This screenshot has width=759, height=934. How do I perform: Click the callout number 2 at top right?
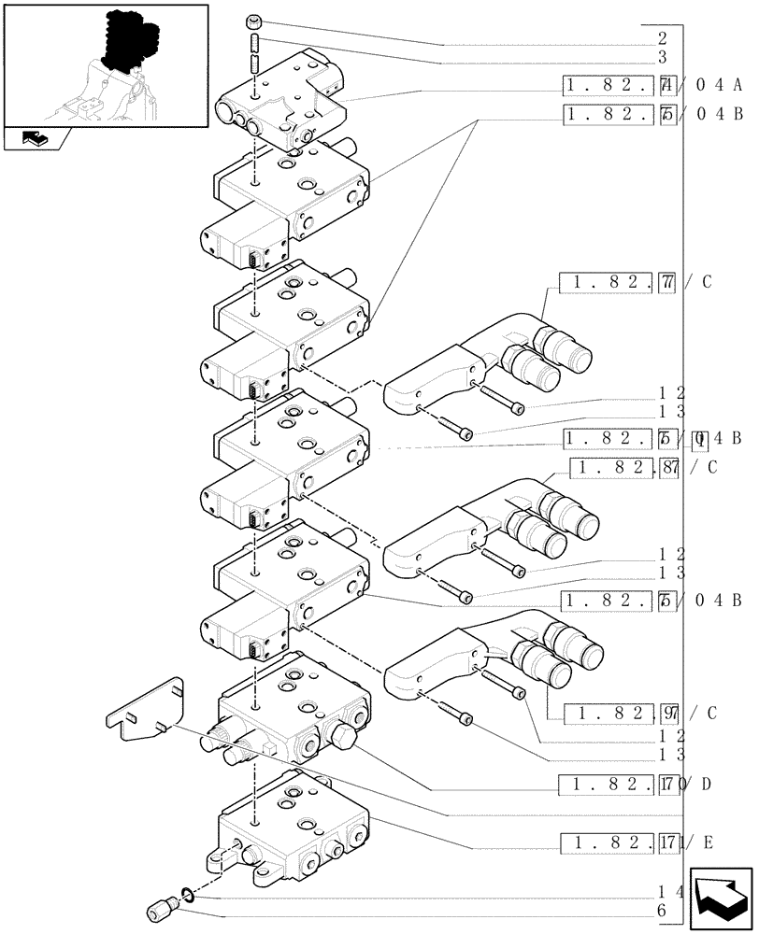point(662,39)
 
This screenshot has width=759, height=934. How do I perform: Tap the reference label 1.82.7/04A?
point(653,86)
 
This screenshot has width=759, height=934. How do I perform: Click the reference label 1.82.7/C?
point(636,283)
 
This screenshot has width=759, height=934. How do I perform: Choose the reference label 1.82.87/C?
point(646,467)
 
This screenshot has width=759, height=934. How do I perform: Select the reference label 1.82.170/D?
point(636,784)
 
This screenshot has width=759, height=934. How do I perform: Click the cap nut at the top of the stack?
point(255,22)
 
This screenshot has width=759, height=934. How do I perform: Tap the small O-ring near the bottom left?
point(187,896)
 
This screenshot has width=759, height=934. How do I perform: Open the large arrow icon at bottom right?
point(721,899)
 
